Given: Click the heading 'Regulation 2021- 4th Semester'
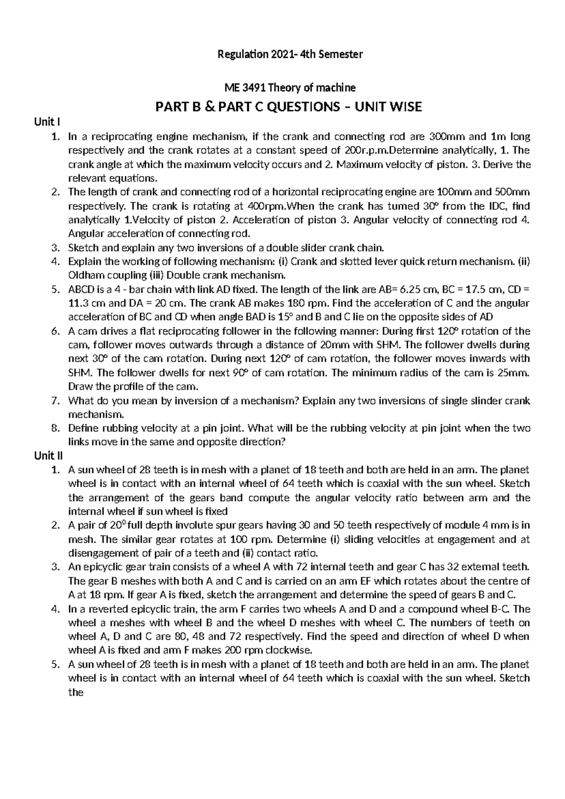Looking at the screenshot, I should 290,54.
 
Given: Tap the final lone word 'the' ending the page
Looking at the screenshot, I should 75,693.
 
